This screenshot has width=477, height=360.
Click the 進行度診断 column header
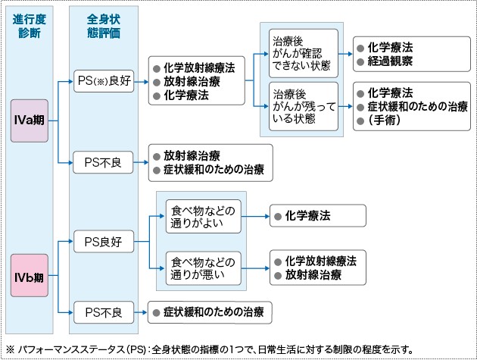[x=28, y=27]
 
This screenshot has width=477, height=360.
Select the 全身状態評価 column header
[x=104, y=27]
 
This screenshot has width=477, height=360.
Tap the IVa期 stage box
[x=28, y=121]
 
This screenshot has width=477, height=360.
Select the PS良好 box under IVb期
[x=103, y=243]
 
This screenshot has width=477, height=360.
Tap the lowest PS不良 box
[x=103, y=310]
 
